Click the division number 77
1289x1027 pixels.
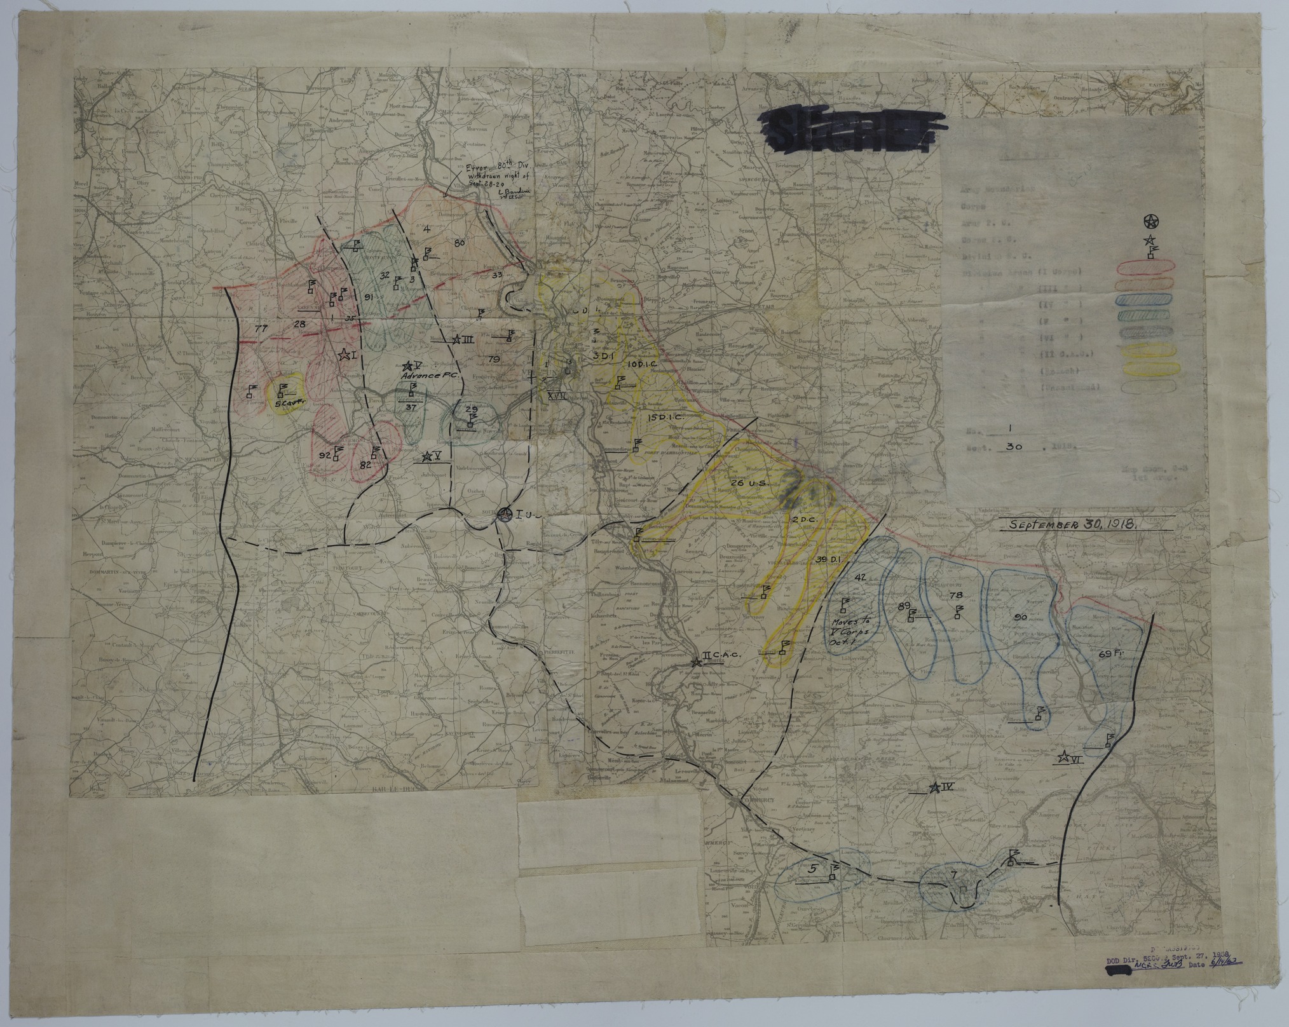(x=259, y=329)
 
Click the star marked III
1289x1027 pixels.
(x=456, y=340)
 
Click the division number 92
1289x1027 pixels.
(x=325, y=456)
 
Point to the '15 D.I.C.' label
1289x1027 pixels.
(x=665, y=418)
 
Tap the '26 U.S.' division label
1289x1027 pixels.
(x=750, y=483)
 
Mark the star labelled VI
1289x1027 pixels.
(x=1063, y=757)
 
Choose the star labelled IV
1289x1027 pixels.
(x=934, y=788)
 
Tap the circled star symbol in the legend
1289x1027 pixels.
(x=1150, y=222)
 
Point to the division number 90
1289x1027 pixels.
(x=1021, y=618)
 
